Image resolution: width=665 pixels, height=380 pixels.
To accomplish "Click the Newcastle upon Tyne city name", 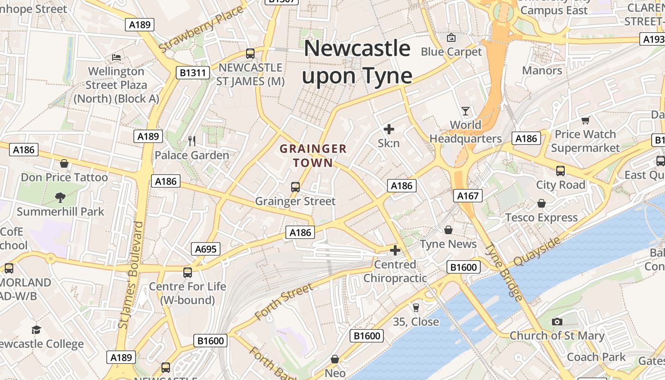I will tap(357, 62).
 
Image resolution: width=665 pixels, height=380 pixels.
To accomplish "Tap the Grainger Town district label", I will tap(313, 156).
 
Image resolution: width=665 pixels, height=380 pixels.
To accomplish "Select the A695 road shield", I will tap(206, 249).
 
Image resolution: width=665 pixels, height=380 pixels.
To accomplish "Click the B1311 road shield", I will tap(192, 73).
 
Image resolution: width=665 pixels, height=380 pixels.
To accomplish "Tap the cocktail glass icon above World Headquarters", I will tap(465, 111).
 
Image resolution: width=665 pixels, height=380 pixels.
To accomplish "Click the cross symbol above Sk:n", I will tap(389, 129).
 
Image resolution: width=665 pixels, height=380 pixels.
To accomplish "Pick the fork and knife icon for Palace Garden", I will tap(192, 141).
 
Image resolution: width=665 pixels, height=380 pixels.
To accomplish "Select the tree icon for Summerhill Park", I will tap(60, 197).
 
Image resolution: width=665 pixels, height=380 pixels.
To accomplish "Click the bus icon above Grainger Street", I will tap(295, 187).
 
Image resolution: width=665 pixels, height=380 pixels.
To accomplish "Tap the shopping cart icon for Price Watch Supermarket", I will tap(585, 121).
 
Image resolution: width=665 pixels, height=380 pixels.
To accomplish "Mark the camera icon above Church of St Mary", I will tap(557, 322).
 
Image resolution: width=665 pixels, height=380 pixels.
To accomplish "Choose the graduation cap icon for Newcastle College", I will tap(37, 330).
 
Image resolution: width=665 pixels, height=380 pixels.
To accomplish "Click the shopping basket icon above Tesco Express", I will tap(541, 204).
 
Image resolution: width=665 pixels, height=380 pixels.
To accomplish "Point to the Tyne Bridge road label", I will tap(504, 273).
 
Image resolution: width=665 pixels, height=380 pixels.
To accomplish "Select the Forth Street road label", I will tap(284, 301).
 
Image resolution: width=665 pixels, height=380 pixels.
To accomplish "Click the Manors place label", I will tap(542, 71).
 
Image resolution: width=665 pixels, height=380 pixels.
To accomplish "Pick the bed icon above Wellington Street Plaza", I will tap(116, 57).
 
